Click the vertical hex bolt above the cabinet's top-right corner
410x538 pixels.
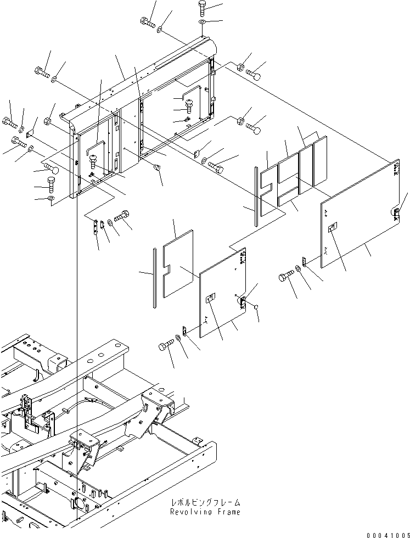201,8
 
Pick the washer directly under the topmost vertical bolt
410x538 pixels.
201,21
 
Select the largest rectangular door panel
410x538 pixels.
360,215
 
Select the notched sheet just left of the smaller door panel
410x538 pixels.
177,264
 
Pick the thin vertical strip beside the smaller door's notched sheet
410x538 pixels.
156,275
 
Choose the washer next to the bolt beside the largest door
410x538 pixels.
297,268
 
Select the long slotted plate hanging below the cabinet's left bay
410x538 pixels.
94,226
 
